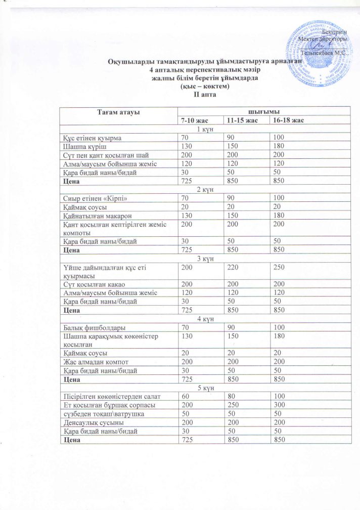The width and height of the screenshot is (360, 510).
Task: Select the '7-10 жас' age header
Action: point(195,120)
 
